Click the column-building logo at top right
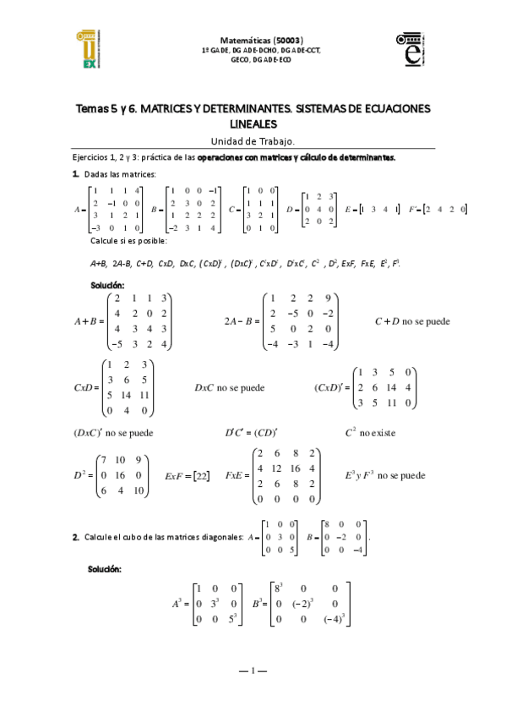point(414,49)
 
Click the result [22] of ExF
point(201,476)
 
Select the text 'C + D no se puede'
point(412,321)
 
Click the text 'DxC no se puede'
point(229,388)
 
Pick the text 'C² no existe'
point(370,433)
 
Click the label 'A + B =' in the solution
point(89,321)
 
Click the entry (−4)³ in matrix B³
point(333,620)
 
